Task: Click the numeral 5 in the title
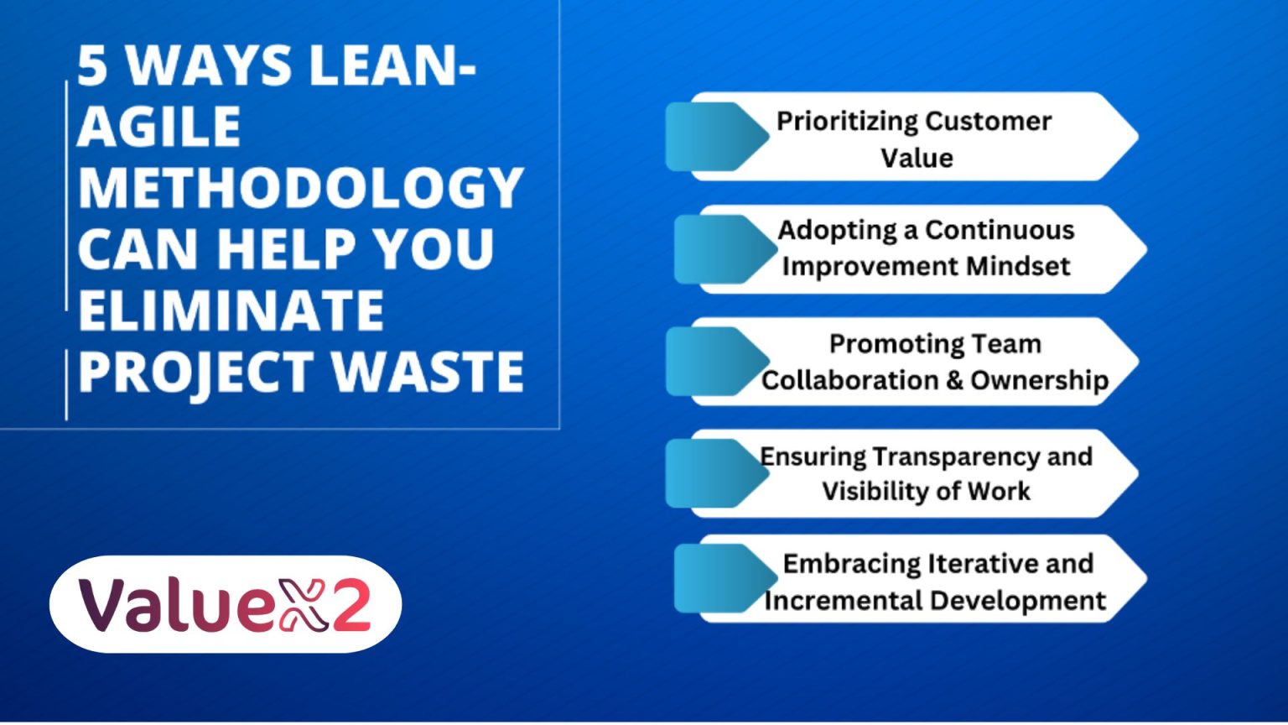(x=93, y=65)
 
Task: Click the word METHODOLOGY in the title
(x=301, y=188)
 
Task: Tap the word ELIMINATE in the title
(x=231, y=310)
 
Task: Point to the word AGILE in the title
(x=158, y=127)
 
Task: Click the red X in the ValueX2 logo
(x=303, y=605)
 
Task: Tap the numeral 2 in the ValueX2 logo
(x=351, y=604)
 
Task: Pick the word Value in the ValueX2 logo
(x=177, y=604)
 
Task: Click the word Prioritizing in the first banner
(x=846, y=122)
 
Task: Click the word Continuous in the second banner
(x=1000, y=230)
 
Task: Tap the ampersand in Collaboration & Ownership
(x=954, y=381)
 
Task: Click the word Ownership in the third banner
(x=1039, y=381)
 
